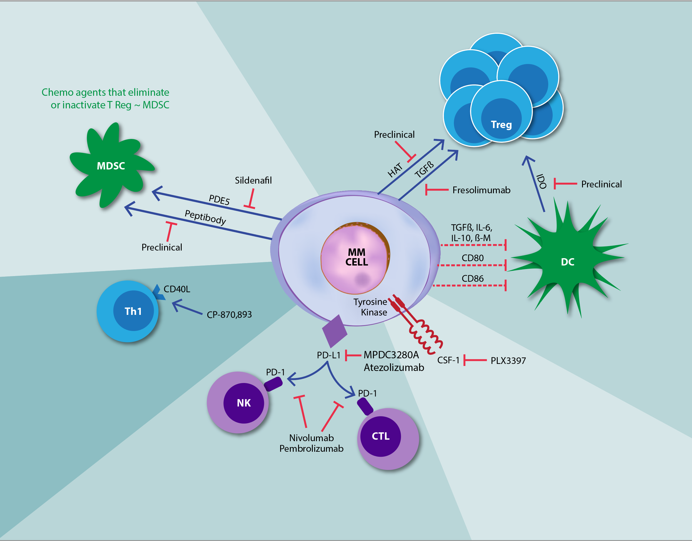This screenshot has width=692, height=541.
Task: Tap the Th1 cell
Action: (x=128, y=311)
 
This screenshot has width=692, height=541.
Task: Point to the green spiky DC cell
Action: (x=567, y=262)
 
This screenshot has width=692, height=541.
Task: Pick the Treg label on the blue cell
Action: (x=501, y=125)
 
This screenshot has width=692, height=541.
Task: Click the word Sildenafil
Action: (x=253, y=180)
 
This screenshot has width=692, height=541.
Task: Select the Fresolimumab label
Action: (x=481, y=190)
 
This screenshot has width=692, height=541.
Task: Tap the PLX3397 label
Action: (x=508, y=360)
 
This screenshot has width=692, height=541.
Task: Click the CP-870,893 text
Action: (x=229, y=315)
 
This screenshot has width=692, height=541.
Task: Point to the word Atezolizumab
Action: (x=394, y=367)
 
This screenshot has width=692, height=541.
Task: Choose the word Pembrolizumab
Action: (x=311, y=448)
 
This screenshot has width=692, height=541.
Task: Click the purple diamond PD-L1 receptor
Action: (x=335, y=331)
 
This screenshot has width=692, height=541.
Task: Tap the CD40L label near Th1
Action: (x=177, y=289)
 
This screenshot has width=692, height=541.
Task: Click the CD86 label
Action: (x=472, y=278)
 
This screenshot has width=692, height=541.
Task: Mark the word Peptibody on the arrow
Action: (x=205, y=217)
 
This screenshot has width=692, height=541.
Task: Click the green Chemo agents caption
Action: (x=106, y=98)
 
